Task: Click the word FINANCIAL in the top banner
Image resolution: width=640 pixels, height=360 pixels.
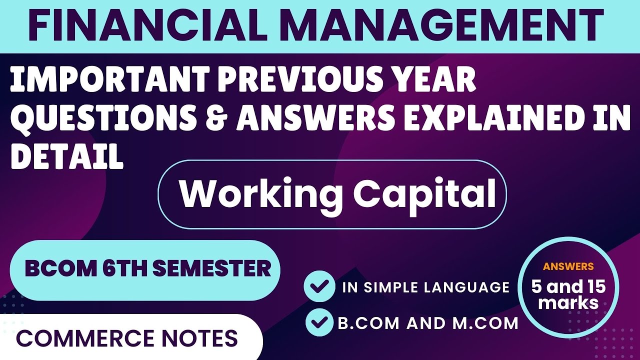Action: pyautogui.click(x=142, y=25)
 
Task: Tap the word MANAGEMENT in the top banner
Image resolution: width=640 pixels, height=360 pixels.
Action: pyautogui.click(x=431, y=25)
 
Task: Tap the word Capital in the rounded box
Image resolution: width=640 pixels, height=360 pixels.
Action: pyautogui.click(x=425, y=194)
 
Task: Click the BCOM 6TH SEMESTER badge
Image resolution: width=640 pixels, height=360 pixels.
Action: pyautogui.click(x=145, y=269)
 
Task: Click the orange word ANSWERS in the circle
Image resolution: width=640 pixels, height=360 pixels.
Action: pyautogui.click(x=568, y=266)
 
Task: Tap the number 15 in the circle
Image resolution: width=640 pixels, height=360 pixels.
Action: pyautogui.click(x=590, y=287)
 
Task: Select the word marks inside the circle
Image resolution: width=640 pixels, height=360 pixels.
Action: pyautogui.click(x=568, y=302)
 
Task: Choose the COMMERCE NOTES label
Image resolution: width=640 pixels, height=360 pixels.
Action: pyautogui.click(x=127, y=338)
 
